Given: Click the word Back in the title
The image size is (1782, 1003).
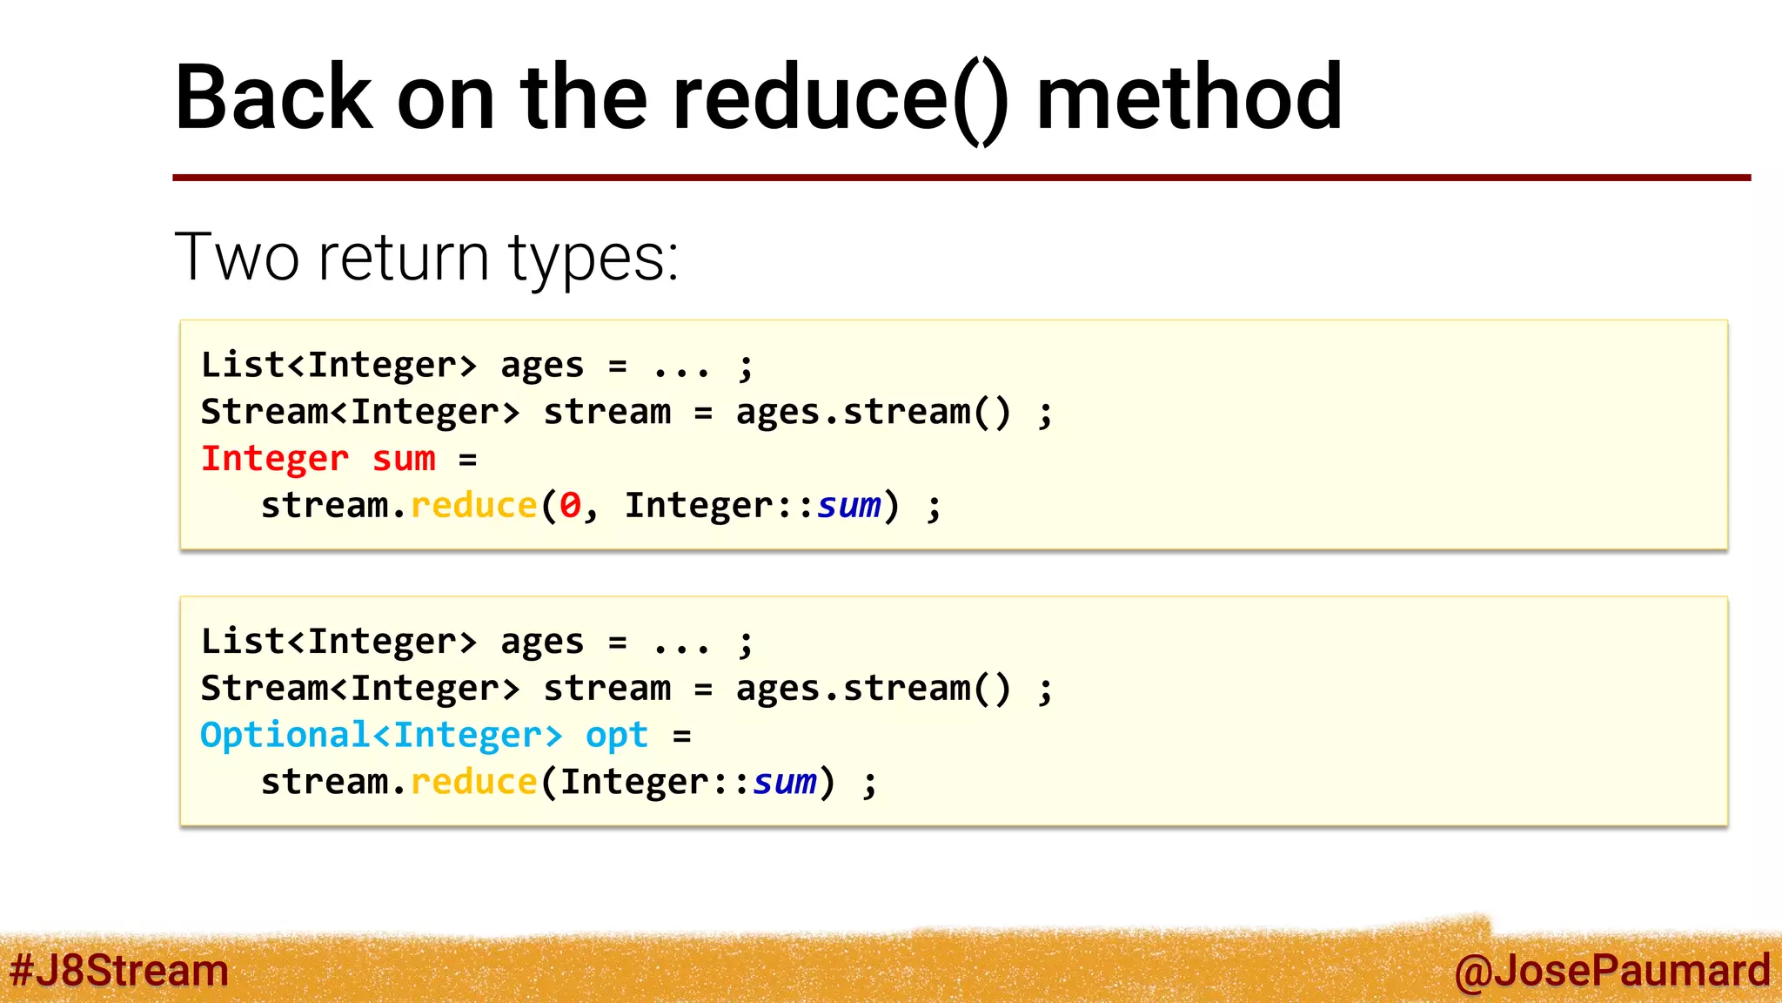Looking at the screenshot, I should tap(273, 98).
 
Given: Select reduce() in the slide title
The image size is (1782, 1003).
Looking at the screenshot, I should tap(841, 99).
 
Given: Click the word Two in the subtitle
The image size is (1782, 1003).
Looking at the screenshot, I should tap(237, 258).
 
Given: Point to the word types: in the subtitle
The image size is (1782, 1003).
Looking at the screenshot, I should tap(593, 259).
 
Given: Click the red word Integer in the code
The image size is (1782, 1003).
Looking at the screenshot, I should tap(275, 459).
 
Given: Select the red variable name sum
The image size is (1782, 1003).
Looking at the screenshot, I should tap(404, 459).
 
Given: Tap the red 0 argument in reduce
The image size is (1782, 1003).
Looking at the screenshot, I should tap(570, 506).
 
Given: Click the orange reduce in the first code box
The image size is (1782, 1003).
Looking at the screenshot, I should tap(473, 506).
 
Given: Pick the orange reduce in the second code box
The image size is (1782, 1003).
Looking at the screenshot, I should tap(473, 782).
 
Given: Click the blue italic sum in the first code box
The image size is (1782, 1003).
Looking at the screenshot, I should tap(848, 506).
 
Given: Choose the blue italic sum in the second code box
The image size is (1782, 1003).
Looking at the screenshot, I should tap(784, 782).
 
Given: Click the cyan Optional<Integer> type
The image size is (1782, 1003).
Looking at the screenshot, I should tap(381, 736).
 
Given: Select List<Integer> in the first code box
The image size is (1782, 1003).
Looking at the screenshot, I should tap(339, 366).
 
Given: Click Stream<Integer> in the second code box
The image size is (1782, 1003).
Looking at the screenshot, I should tap(360, 689).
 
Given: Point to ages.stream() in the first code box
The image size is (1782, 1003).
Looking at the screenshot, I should tap(874, 413).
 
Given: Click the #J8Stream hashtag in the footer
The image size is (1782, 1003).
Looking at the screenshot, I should tap(119, 971).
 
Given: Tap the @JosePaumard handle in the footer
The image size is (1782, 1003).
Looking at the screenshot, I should tap(1611, 971).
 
